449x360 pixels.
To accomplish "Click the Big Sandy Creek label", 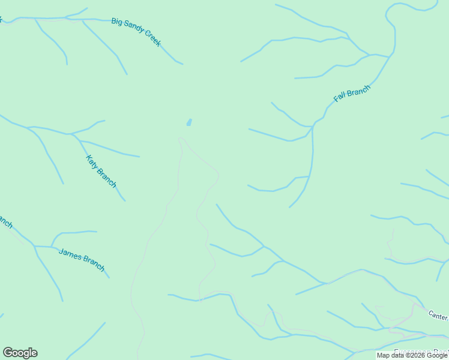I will click(136, 32).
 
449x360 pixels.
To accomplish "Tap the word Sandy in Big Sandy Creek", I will click(134, 30).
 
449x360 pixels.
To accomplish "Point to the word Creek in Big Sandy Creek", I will click(152, 40).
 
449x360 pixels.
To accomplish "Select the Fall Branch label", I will click(352, 94).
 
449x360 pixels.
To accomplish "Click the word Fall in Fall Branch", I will click(340, 98).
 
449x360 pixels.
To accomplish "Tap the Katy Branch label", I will click(101, 171).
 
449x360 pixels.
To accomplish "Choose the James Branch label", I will click(82, 259).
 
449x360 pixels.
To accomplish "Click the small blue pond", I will click(189, 122).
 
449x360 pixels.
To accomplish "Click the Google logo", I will click(20, 353).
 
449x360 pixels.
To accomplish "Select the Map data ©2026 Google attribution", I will click(412, 355).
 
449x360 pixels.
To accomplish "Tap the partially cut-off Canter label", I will click(438, 315).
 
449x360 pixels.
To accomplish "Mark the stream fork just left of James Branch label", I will click(51, 246).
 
